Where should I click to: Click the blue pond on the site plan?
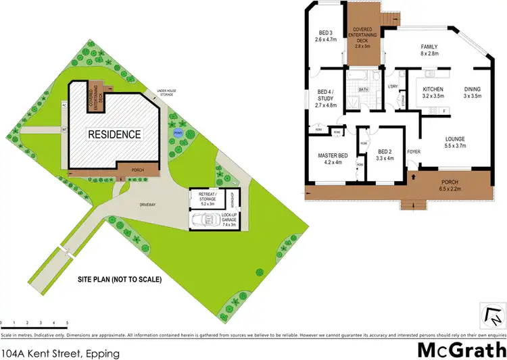[178, 133]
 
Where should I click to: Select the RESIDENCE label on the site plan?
[115, 134]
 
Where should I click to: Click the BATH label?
[363, 89]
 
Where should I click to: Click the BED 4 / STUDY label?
[326, 98]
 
